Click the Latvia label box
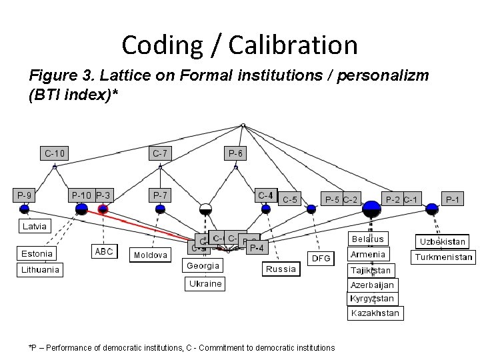pyautogui.click(x=35, y=226)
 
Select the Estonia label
pyautogui.click(x=37, y=253)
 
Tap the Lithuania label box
pyautogui.click(x=40, y=270)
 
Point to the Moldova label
pyautogui.click(x=151, y=255)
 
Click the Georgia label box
pyautogui.click(x=203, y=265)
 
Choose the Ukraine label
pyautogui.click(x=205, y=283)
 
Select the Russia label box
pyautogui.click(x=281, y=269)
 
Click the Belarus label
pyautogui.click(x=368, y=239)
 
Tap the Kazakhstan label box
pyautogui.click(x=375, y=313)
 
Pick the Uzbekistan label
pyautogui.click(x=443, y=241)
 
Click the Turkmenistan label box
pyautogui.click(x=443, y=257)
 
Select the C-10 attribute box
pyautogui.click(x=55, y=153)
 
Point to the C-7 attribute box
pyautogui.click(x=160, y=153)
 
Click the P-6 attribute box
pyautogui.click(x=236, y=153)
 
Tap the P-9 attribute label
pyautogui.click(x=25, y=195)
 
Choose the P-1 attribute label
pyautogui.click(x=453, y=199)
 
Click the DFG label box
pyautogui.click(x=321, y=258)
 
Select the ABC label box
pyautogui.click(x=104, y=251)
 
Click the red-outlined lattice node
pyautogui.click(x=103, y=209)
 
